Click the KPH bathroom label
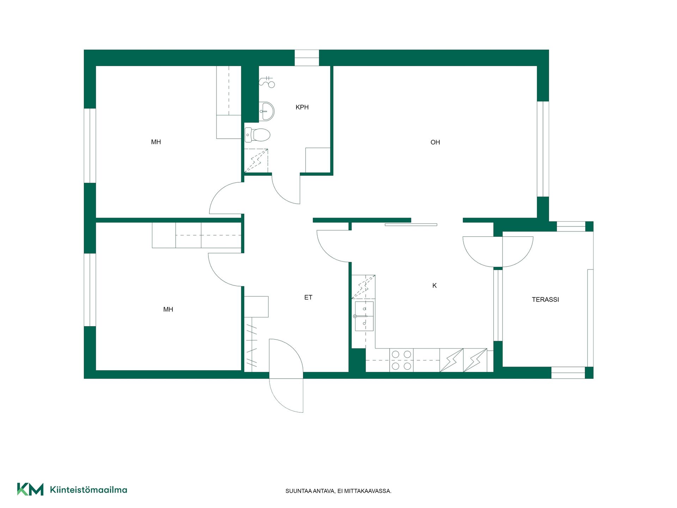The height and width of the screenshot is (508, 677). tap(302, 107)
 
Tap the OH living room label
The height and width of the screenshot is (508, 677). tap(435, 142)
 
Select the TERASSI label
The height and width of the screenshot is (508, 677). tap(545, 300)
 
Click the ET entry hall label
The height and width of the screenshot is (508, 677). tap(308, 297)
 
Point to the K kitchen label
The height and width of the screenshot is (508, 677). tap(434, 285)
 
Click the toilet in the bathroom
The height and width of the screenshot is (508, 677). tap(257, 135)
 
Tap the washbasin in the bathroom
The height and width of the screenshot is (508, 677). tap(266, 111)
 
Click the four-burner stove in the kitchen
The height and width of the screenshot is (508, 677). tap(401, 360)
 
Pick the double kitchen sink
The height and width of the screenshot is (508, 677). tap(364, 316)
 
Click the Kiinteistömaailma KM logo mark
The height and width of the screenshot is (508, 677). tap(30, 489)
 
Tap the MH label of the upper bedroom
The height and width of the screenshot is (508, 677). tap(156, 142)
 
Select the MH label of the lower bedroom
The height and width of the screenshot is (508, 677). tap(168, 309)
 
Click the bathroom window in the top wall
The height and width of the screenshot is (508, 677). tap(307, 58)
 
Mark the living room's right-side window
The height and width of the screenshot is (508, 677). tap(543, 149)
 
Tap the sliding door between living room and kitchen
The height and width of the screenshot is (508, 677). tap(411, 224)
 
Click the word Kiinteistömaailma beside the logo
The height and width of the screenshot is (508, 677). tap(89, 490)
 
